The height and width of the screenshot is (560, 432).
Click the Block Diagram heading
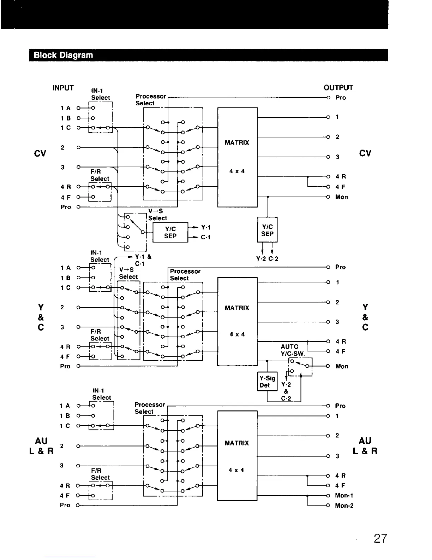(63, 55)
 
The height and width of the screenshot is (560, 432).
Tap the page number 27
(380, 538)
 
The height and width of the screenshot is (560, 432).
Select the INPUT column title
(63, 88)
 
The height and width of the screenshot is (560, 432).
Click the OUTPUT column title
(338, 88)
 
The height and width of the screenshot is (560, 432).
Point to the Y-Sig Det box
(268, 382)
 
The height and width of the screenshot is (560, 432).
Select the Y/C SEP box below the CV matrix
(268, 230)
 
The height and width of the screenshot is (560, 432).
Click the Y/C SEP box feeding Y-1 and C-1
(170, 232)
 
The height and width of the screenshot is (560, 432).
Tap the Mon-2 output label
(344, 506)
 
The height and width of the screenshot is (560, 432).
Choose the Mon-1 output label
(344, 496)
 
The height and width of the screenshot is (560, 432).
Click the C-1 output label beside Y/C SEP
(206, 237)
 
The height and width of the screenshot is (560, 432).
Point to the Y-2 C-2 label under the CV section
(267, 259)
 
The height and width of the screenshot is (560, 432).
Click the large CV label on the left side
(41, 153)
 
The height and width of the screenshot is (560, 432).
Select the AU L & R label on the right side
(365, 446)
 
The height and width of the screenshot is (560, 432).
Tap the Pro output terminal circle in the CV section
(328, 98)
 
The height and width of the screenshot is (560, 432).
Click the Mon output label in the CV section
(341, 197)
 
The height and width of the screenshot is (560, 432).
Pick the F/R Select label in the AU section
(100, 474)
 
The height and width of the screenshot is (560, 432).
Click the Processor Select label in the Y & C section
(185, 275)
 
